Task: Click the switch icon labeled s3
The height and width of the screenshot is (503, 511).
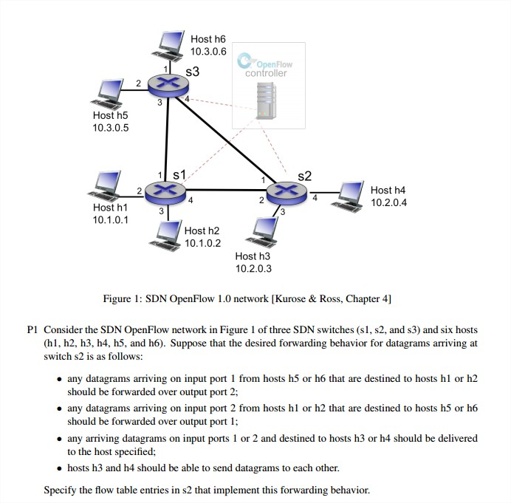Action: (x=168, y=86)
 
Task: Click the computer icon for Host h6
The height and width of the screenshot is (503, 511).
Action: (x=168, y=44)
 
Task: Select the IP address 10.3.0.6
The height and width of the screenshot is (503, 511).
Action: (x=208, y=51)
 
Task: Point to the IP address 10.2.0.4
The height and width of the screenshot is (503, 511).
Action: (x=388, y=202)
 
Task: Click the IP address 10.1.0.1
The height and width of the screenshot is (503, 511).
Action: (x=111, y=219)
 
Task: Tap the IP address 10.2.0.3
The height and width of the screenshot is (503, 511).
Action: (x=253, y=268)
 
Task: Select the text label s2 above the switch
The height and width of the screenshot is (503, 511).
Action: (x=304, y=176)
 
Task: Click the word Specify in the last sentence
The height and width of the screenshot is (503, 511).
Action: (x=61, y=489)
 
